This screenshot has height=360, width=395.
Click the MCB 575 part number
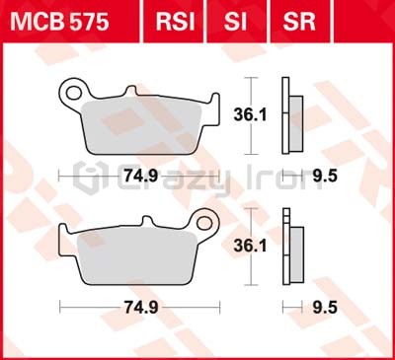click(59, 22)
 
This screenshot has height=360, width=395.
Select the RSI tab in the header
click(176, 22)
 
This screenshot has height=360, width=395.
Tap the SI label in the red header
click(235, 22)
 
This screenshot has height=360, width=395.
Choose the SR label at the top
click(299, 22)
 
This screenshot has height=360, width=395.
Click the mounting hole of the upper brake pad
click(74, 93)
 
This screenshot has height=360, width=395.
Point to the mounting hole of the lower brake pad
click(204, 223)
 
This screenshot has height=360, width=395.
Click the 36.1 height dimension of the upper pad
click(250, 115)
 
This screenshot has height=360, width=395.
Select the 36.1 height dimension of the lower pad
click(250, 246)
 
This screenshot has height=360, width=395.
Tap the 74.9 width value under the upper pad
click(141, 177)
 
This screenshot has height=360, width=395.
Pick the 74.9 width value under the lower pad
click(141, 308)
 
